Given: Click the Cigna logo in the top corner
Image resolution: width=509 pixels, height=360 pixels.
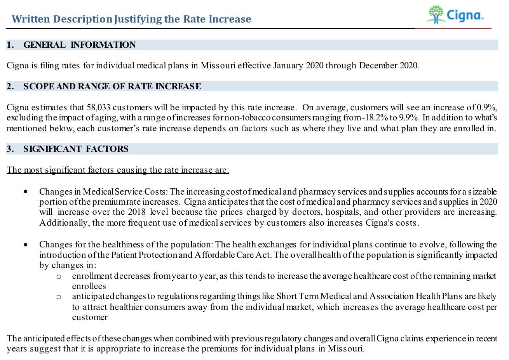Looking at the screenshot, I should click(455, 15).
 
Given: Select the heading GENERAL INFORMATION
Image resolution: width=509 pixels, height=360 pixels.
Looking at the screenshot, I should click(79, 45).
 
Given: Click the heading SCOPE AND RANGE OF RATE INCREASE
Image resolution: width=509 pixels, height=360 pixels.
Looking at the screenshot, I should click(112, 86).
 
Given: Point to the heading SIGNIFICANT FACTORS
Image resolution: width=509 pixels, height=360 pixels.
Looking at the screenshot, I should click(75, 149).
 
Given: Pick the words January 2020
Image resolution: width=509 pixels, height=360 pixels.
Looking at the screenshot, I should click(298, 66).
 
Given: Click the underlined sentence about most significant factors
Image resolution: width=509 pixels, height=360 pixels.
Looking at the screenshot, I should click(118, 170).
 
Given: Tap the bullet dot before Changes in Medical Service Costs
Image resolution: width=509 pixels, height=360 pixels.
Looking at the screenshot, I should click(26, 191).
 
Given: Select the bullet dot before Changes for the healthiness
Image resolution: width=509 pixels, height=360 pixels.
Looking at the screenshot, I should click(26, 245).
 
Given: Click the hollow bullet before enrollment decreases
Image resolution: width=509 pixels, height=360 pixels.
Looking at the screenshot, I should click(58, 277).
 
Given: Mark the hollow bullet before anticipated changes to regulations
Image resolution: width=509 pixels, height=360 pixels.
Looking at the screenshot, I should click(58, 297).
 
